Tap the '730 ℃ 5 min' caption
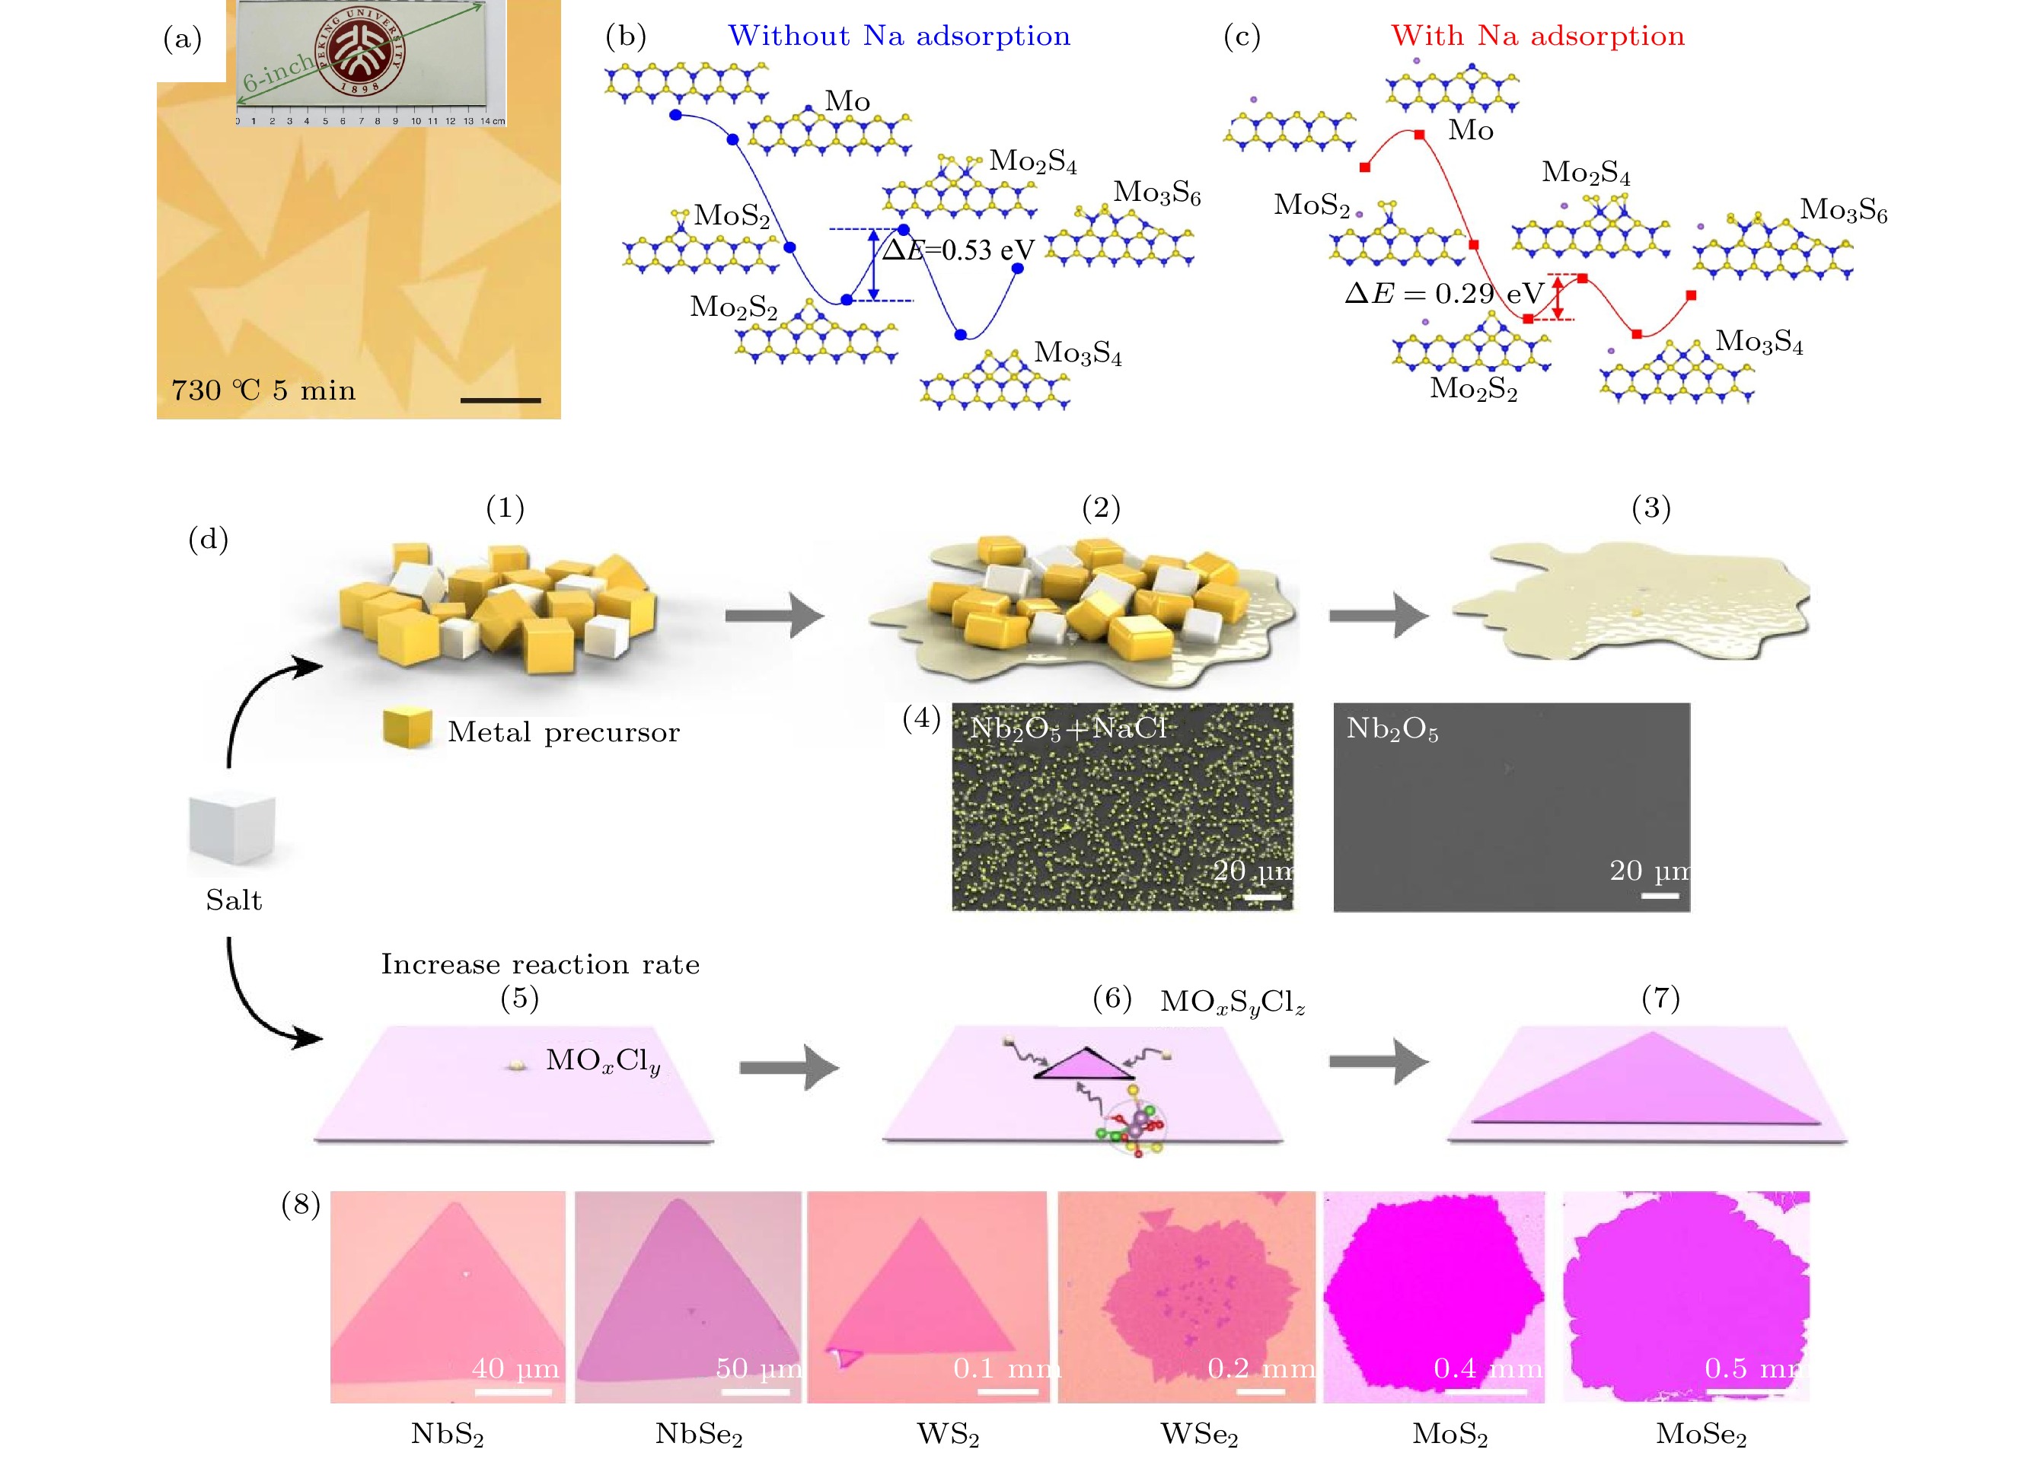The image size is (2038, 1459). coord(263,390)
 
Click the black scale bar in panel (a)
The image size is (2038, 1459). coord(500,400)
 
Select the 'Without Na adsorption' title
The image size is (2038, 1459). coord(898,36)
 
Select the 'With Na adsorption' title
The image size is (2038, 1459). coord(1538,36)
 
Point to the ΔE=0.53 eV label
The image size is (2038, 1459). coord(958,250)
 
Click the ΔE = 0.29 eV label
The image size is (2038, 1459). coord(1444,293)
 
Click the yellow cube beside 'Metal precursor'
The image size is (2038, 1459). coord(407,728)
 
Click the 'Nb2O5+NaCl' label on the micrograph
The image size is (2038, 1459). coord(1067,728)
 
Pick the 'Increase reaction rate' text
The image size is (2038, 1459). coord(540,964)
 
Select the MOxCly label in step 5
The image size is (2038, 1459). coord(603,1061)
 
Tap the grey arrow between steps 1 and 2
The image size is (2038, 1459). coord(774,616)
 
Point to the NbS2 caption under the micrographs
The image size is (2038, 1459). coord(448,1433)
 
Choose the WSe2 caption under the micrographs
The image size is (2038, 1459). coord(1200,1433)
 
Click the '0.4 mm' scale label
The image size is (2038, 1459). coord(1487,1368)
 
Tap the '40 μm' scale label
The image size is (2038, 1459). coord(515,1368)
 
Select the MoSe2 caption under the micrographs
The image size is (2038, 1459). coord(1701,1433)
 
